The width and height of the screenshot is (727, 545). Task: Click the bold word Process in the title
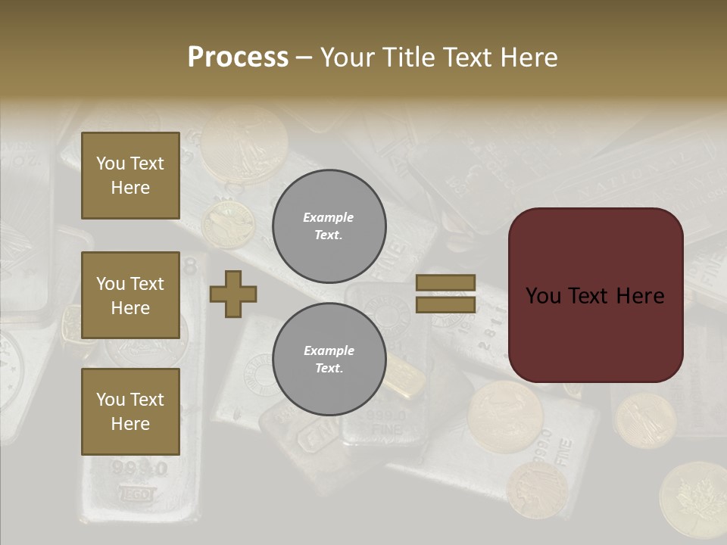click(238, 58)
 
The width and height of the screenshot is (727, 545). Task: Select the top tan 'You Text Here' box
click(130, 176)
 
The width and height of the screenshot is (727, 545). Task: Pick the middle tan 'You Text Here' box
click(130, 295)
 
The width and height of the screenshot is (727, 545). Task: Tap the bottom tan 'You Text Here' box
click(130, 412)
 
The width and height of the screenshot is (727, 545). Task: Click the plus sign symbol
click(233, 294)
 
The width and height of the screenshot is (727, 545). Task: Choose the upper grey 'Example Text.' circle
click(329, 226)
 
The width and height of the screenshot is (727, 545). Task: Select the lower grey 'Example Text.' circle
click(329, 360)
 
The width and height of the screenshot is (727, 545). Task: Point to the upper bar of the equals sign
click(446, 283)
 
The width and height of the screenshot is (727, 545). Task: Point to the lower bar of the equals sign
click(446, 304)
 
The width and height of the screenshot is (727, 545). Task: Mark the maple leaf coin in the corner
click(693, 500)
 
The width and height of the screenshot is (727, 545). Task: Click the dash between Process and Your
click(304, 58)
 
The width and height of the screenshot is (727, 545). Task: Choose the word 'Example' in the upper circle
click(329, 217)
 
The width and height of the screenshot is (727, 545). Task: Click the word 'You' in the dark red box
click(543, 296)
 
